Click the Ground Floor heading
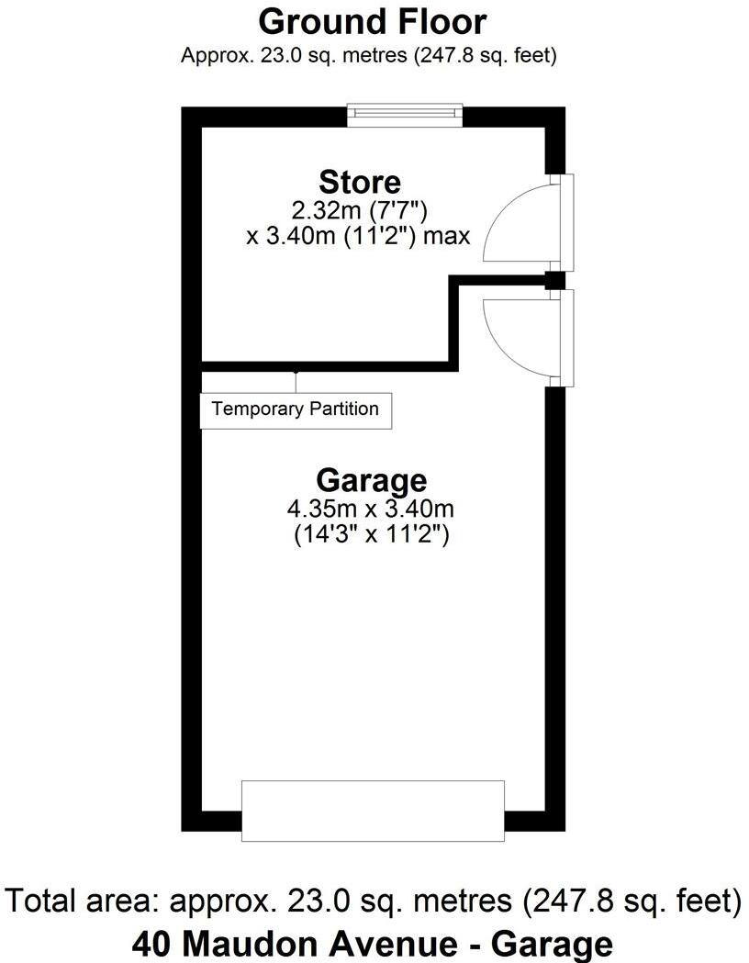click(372, 20)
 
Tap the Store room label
click(359, 181)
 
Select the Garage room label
click(371, 479)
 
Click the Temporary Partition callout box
click(296, 409)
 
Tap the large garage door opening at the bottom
click(373, 810)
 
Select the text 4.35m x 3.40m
click(371, 508)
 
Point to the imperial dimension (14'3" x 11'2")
click(371, 534)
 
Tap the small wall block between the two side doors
click(553, 280)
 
